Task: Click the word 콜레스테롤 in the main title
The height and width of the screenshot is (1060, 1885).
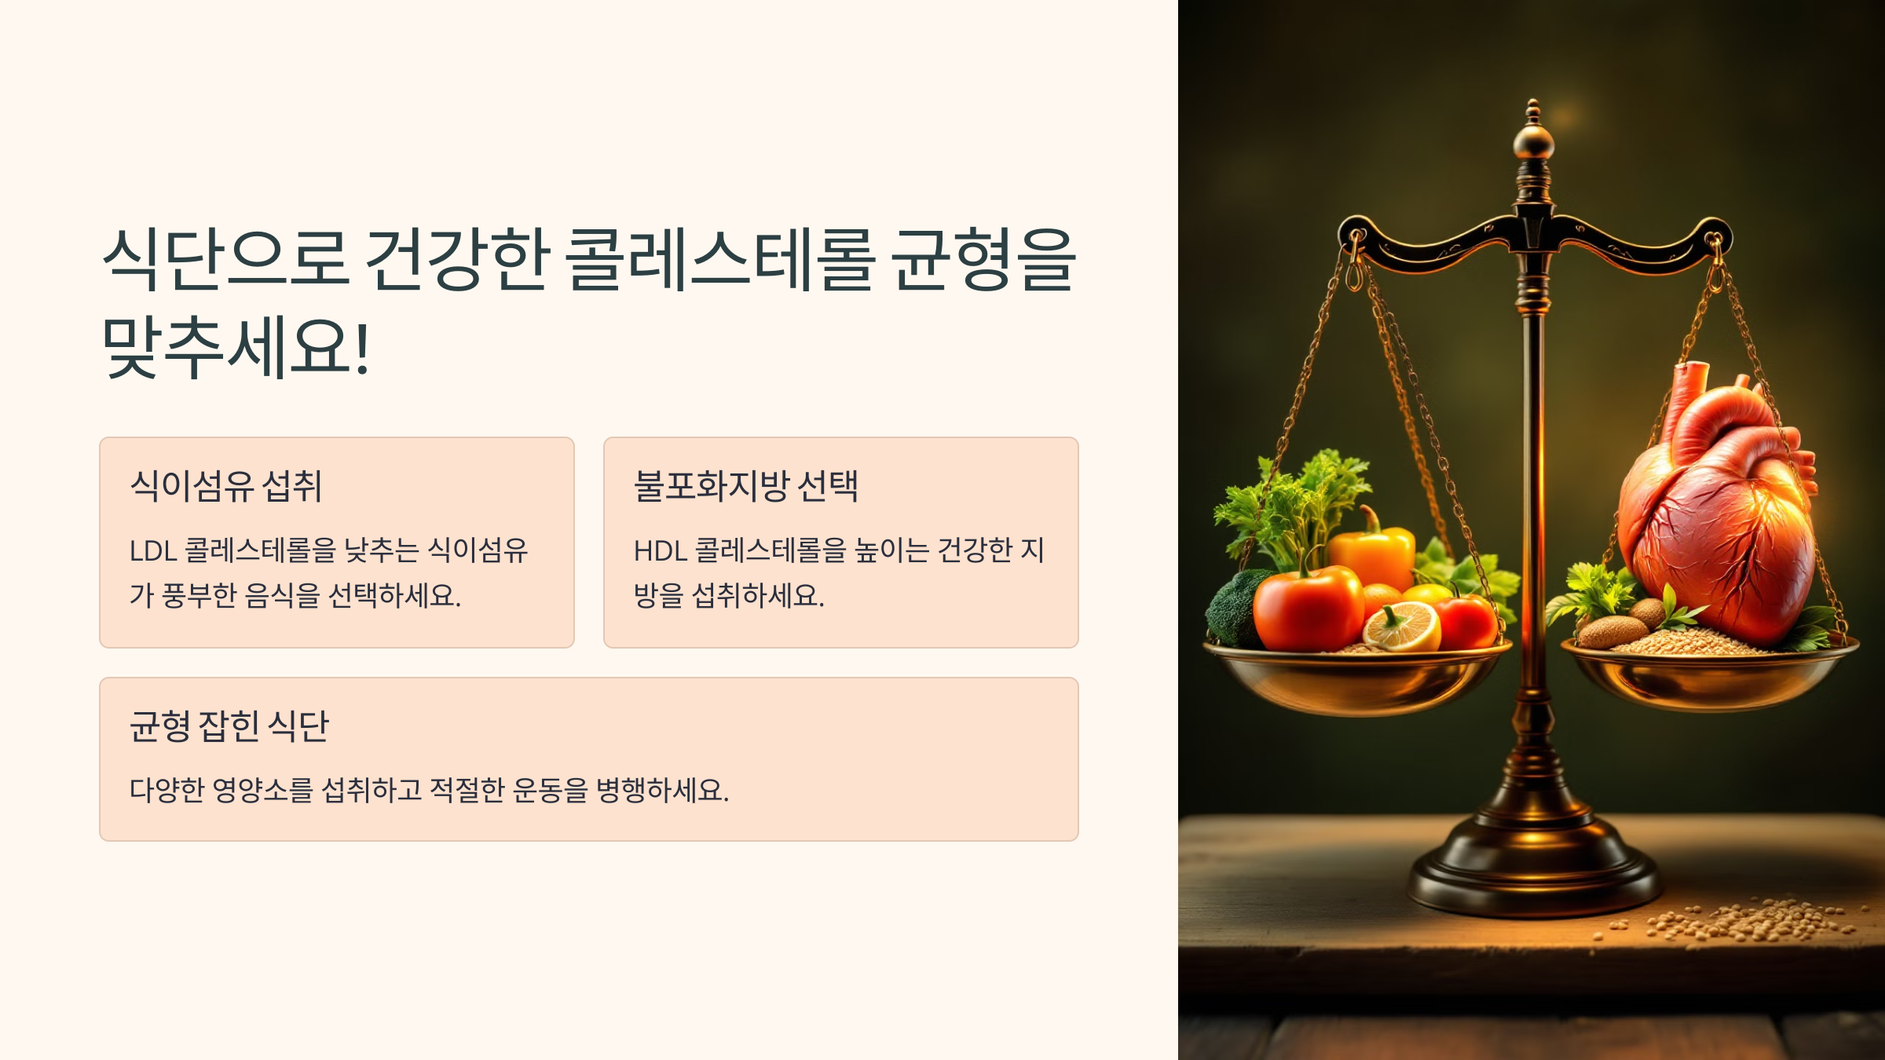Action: [x=719, y=259]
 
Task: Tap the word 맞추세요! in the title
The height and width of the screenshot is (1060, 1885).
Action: [x=236, y=347]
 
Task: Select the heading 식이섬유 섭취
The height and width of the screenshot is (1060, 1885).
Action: [x=226, y=486]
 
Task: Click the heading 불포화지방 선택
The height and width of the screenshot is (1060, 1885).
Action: [x=745, y=486]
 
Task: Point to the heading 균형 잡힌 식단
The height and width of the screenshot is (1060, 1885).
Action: [x=229, y=726]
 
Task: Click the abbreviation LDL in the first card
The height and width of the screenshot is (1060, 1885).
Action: [x=152, y=551]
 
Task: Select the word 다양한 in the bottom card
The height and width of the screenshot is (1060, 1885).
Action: [x=167, y=790]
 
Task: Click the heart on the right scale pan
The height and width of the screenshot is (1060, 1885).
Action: [x=1720, y=510]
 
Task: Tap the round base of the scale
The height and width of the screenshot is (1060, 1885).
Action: [x=1533, y=872]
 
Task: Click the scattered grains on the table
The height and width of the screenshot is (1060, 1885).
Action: [x=1751, y=923]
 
